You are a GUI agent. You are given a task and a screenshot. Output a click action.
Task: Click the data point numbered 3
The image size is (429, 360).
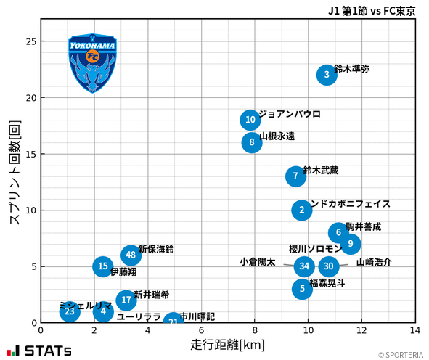327,75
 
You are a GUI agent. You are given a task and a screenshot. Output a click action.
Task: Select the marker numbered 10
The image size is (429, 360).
250,120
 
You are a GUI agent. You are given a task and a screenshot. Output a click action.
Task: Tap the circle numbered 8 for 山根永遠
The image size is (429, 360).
252,142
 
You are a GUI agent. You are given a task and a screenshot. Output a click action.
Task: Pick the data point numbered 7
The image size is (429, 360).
295,176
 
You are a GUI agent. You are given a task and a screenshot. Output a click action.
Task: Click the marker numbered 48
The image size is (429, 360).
131,255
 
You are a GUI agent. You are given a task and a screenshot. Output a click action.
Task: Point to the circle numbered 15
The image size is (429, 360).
103,266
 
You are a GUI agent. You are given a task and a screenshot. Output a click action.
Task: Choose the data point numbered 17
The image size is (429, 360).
126,300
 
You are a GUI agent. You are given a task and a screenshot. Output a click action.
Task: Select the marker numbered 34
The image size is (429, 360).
304,266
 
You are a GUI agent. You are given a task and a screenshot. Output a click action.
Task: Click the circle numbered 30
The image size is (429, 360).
329,266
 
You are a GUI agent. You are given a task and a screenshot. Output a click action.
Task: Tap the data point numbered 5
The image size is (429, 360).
302,289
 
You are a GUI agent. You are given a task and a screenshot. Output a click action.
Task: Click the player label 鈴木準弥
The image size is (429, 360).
352,70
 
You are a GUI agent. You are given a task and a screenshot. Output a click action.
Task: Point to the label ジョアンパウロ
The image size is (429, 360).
289,115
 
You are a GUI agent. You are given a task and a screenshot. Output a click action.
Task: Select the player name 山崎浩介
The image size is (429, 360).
374,263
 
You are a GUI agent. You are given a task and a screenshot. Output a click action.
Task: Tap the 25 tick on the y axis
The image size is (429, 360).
30,42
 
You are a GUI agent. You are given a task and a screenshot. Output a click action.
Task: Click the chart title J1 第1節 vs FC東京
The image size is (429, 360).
372,11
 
